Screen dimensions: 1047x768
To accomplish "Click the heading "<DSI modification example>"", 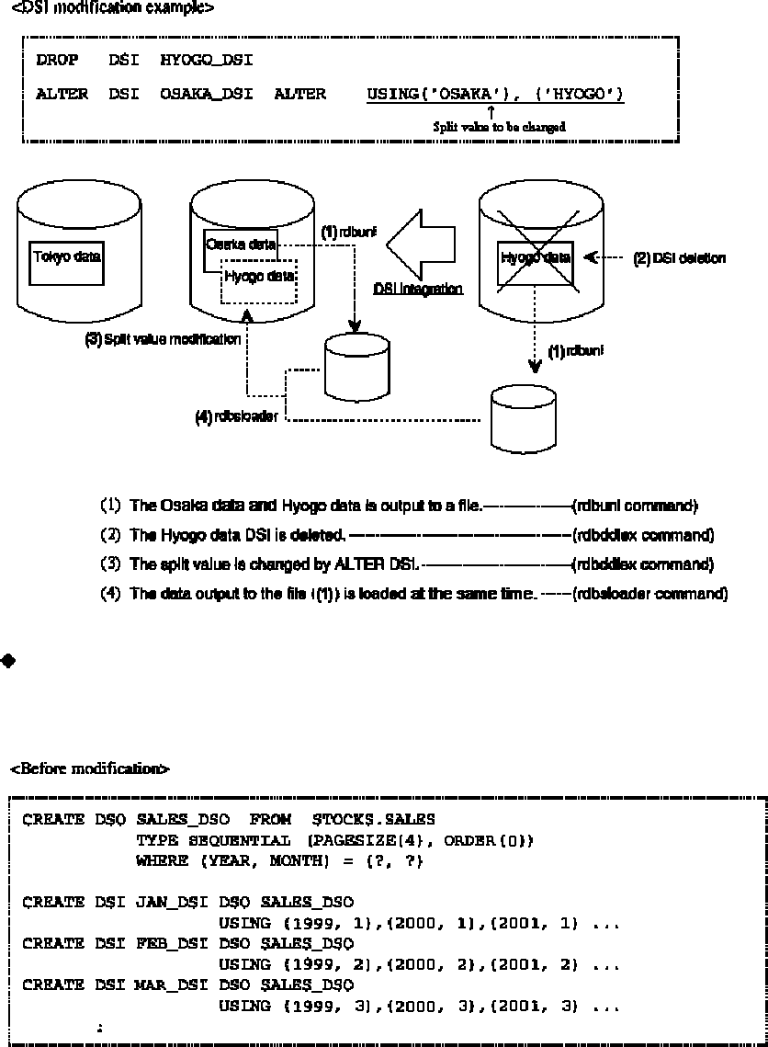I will (112, 8).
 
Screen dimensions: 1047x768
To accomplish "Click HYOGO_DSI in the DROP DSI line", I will (207, 62).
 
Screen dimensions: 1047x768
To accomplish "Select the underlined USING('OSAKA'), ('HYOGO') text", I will (495, 95).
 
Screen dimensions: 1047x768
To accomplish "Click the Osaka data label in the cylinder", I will (241, 245).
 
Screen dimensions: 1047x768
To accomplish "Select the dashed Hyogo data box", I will (259, 277).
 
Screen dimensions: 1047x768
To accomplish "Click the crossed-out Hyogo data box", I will (536, 257).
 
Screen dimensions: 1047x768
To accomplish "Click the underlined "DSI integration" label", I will (418, 289).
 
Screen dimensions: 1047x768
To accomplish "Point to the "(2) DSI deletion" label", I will (679, 258).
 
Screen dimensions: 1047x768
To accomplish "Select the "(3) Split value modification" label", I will (163, 339).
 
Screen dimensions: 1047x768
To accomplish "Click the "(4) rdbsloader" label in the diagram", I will (236, 415).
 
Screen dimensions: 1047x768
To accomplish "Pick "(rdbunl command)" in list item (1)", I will (635, 506).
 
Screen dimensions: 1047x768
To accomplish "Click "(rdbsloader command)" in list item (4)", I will (649, 594).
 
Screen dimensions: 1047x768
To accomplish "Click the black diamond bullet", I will (8, 661).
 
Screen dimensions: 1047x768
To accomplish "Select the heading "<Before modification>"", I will (89, 768).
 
